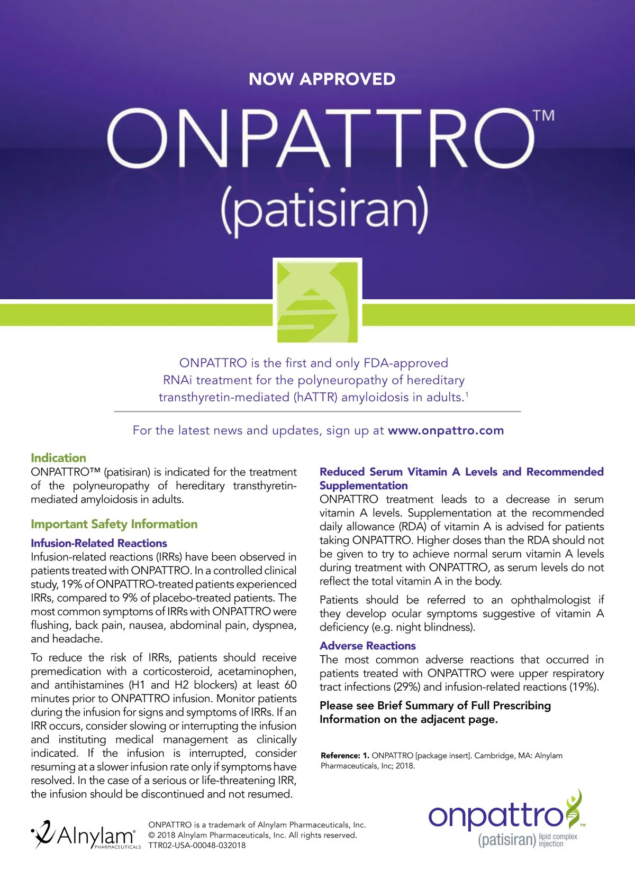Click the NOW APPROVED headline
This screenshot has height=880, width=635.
tap(322, 79)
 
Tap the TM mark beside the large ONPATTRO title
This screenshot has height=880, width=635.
tap(543, 115)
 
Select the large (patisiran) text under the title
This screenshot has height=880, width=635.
tap(324, 210)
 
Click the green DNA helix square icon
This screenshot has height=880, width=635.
tap(317, 300)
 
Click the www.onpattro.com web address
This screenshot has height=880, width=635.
tap(446, 430)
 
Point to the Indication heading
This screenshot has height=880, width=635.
tap(58, 458)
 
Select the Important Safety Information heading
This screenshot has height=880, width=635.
tap(114, 524)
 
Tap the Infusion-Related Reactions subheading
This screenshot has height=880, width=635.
tap(99, 543)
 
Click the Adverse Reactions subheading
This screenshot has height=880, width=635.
tap(368, 646)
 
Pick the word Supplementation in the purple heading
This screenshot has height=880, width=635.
tap(364, 485)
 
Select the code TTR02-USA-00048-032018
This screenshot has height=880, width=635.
tap(197, 845)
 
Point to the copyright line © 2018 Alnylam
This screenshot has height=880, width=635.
tap(252, 835)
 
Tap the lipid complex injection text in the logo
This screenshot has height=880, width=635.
tap(558, 840)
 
